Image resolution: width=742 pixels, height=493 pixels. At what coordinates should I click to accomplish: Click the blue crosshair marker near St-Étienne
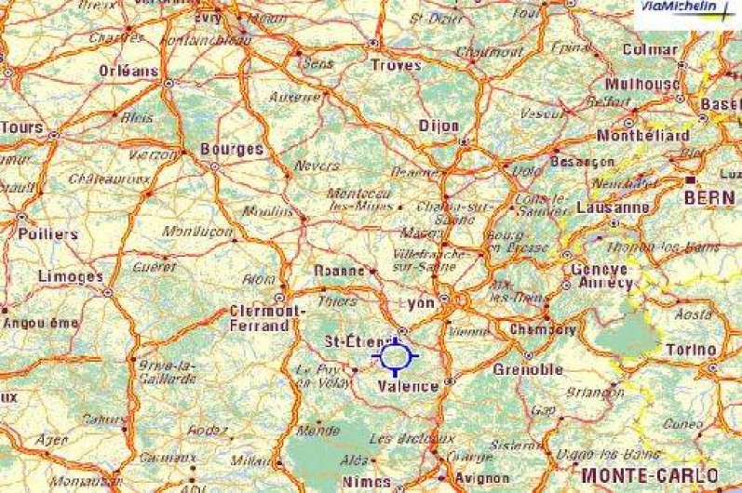[396, 355]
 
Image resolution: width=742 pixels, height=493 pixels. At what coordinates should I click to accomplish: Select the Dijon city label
[439, 125]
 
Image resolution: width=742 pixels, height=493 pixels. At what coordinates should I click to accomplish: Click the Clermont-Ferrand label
[266, 318]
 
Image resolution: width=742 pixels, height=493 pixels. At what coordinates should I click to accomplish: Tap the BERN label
[708, 197]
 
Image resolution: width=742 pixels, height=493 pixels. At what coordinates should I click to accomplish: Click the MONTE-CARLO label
[638, 474]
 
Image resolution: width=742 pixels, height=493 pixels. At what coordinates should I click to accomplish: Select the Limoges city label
[71, 276]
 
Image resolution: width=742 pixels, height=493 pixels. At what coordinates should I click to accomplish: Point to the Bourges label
[232, 148]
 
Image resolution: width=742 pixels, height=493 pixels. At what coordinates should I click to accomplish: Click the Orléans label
[128, 71]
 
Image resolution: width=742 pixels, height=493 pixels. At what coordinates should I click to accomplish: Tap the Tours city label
[22, 127]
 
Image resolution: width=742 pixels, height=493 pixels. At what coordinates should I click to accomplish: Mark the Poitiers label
[47, 234]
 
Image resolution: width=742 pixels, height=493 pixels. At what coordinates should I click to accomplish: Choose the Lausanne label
[613, 207]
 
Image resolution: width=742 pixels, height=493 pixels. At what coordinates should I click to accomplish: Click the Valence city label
[409, 386]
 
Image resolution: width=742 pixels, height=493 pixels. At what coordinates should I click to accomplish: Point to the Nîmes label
[367, 481]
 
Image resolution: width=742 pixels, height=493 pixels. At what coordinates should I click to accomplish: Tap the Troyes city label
[396, 65]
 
